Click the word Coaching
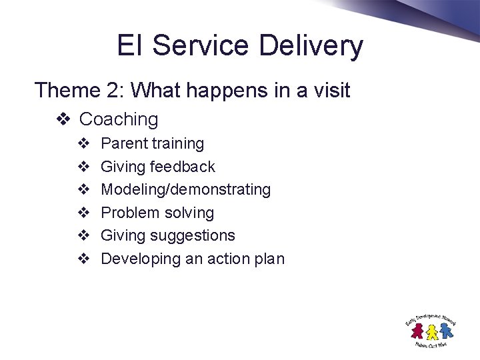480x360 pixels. (119, 119)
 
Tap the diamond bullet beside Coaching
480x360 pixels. (63, 120)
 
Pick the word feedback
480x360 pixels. (183, 167)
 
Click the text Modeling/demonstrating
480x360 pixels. (185, 190)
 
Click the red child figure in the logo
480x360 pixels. (418, 330)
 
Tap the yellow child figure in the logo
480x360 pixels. (431, 331)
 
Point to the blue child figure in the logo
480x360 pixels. (444, 330)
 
